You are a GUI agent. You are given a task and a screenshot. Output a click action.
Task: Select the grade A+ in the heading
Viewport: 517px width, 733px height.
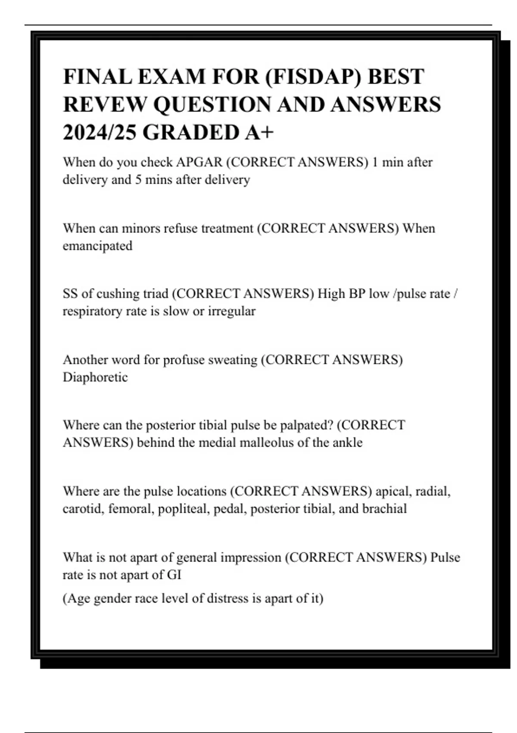(259, 132)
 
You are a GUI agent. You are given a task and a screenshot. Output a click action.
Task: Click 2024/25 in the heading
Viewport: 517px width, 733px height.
(100, 132)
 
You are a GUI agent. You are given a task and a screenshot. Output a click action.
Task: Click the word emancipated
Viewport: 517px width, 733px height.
(97, 246)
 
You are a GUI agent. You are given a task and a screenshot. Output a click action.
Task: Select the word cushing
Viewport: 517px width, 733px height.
(120, 294)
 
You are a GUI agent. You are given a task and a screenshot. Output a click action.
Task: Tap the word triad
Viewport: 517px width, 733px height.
(157, 294)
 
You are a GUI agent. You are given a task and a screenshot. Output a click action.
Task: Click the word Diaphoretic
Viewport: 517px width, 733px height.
(95, 377)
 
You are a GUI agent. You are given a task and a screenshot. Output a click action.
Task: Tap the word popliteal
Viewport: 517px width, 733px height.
(184, 509)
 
